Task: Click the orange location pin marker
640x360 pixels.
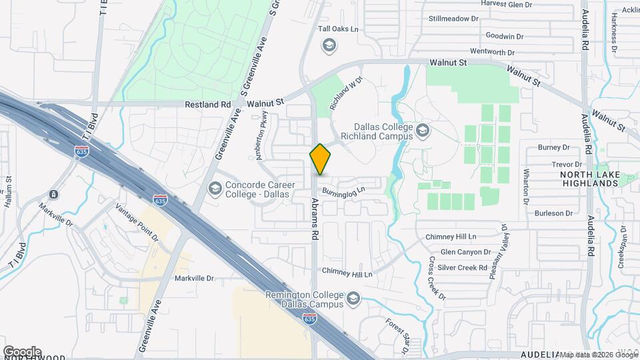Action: (320, 159)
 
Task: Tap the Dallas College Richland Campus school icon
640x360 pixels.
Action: (423, 130)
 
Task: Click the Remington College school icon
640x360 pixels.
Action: (353, 299)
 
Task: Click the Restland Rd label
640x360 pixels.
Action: (207, 105)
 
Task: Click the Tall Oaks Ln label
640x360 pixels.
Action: (338, 29)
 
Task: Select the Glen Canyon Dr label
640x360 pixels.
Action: (465, 252)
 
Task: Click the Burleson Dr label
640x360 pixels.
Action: (553, 213)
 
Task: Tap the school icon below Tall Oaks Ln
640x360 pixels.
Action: (328, 45)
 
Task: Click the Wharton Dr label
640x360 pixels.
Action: (525, 186)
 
